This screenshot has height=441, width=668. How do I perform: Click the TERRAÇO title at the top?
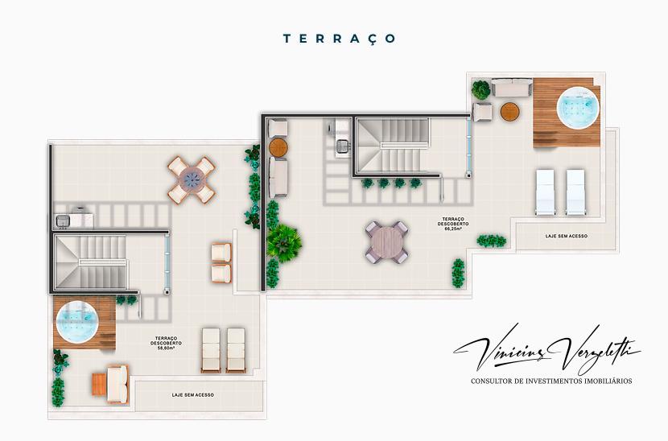339,38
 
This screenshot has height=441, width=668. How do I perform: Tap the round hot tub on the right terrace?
579,108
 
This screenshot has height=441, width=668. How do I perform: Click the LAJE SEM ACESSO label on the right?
566,237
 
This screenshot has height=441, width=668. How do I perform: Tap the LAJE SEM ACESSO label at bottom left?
192,395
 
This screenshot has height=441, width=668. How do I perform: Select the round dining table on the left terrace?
192,179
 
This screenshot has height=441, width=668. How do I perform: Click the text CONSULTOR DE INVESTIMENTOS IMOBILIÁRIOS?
551,381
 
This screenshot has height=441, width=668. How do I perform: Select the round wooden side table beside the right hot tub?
510,112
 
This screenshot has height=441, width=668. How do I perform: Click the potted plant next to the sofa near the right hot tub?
481,89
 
